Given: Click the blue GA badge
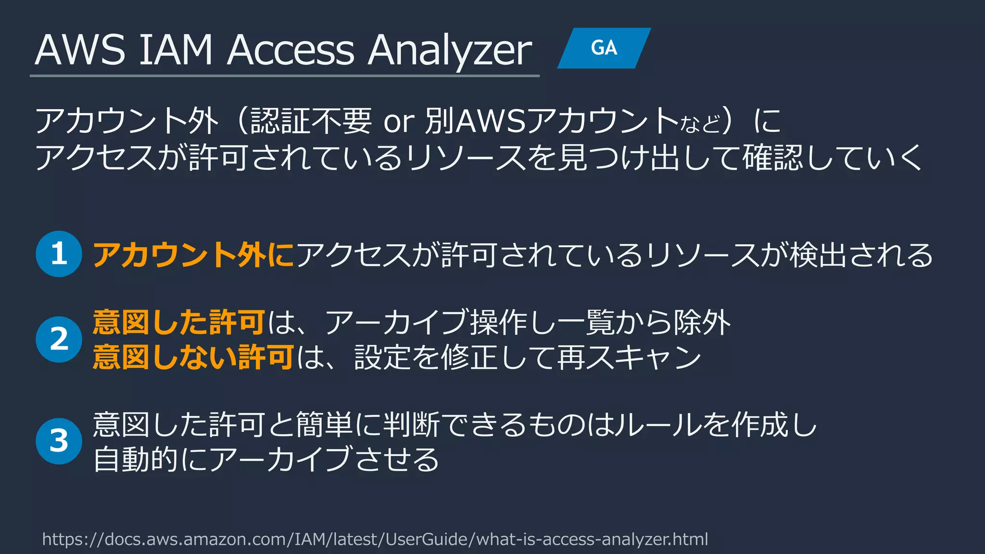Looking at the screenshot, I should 604,48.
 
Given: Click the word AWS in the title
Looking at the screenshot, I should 80,50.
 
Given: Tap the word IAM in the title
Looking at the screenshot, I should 176,50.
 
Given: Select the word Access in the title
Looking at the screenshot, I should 290,50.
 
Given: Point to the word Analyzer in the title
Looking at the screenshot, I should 450,51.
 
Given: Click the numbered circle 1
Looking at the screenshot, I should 59,254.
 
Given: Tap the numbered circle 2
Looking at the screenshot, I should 59,339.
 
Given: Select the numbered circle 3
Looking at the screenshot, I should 59,441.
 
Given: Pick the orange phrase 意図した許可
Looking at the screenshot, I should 178,322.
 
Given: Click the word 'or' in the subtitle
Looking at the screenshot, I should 399,121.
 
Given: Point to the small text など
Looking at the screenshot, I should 700,124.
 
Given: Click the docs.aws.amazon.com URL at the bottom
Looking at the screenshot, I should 375,539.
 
